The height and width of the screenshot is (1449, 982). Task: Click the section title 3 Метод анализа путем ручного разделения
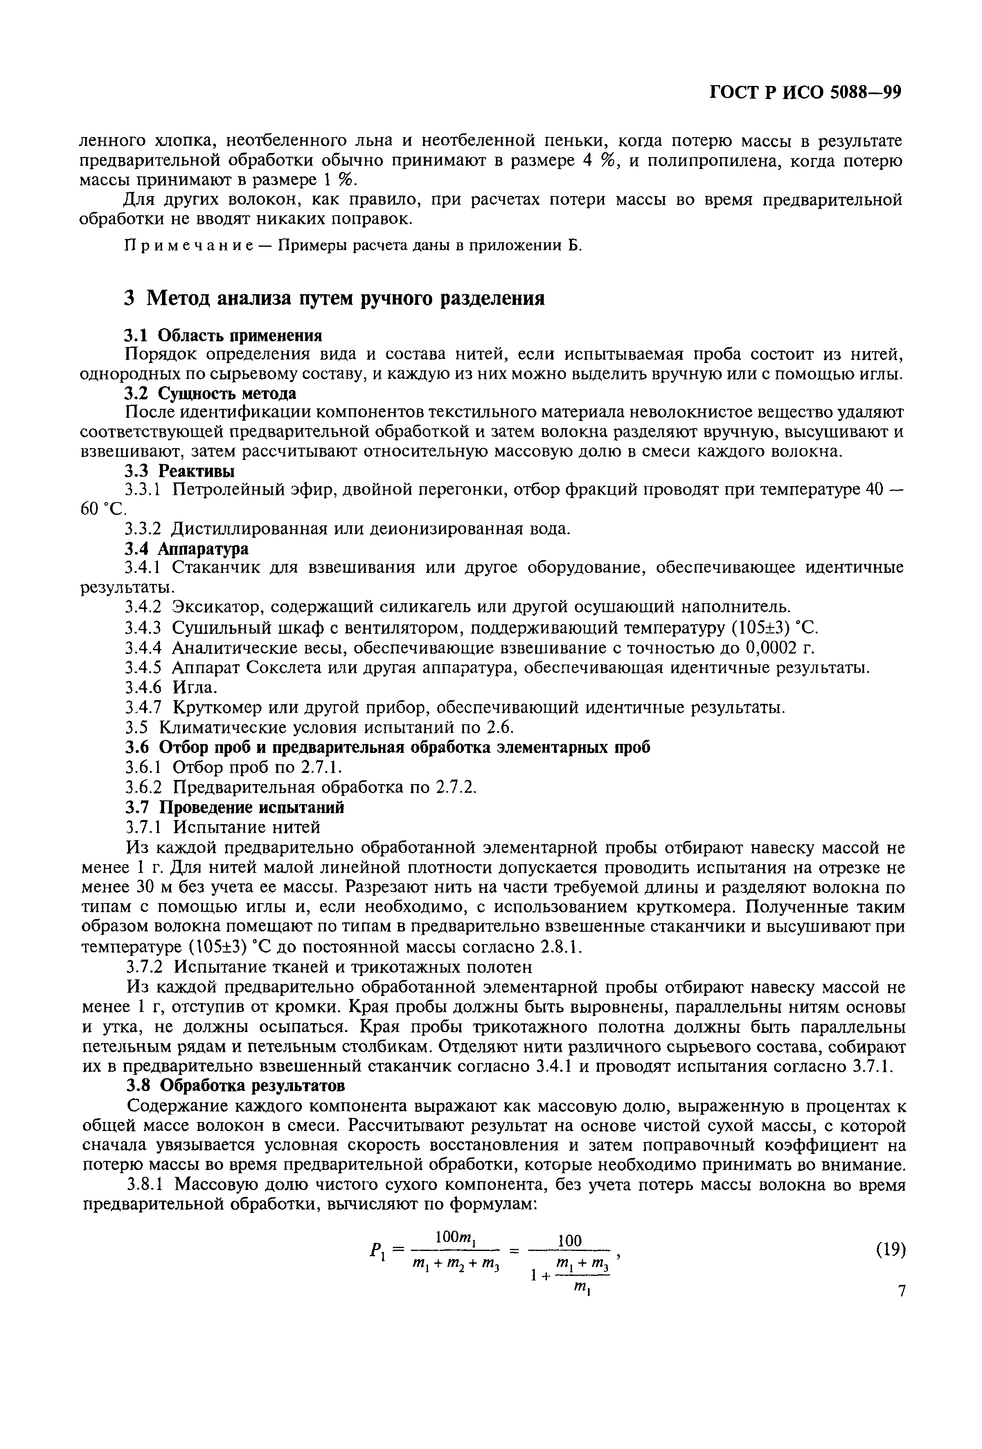(333, 299)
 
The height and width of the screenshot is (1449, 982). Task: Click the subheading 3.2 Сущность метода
(210, 393)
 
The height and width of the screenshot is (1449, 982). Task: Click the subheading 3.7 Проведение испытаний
(234, 807)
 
